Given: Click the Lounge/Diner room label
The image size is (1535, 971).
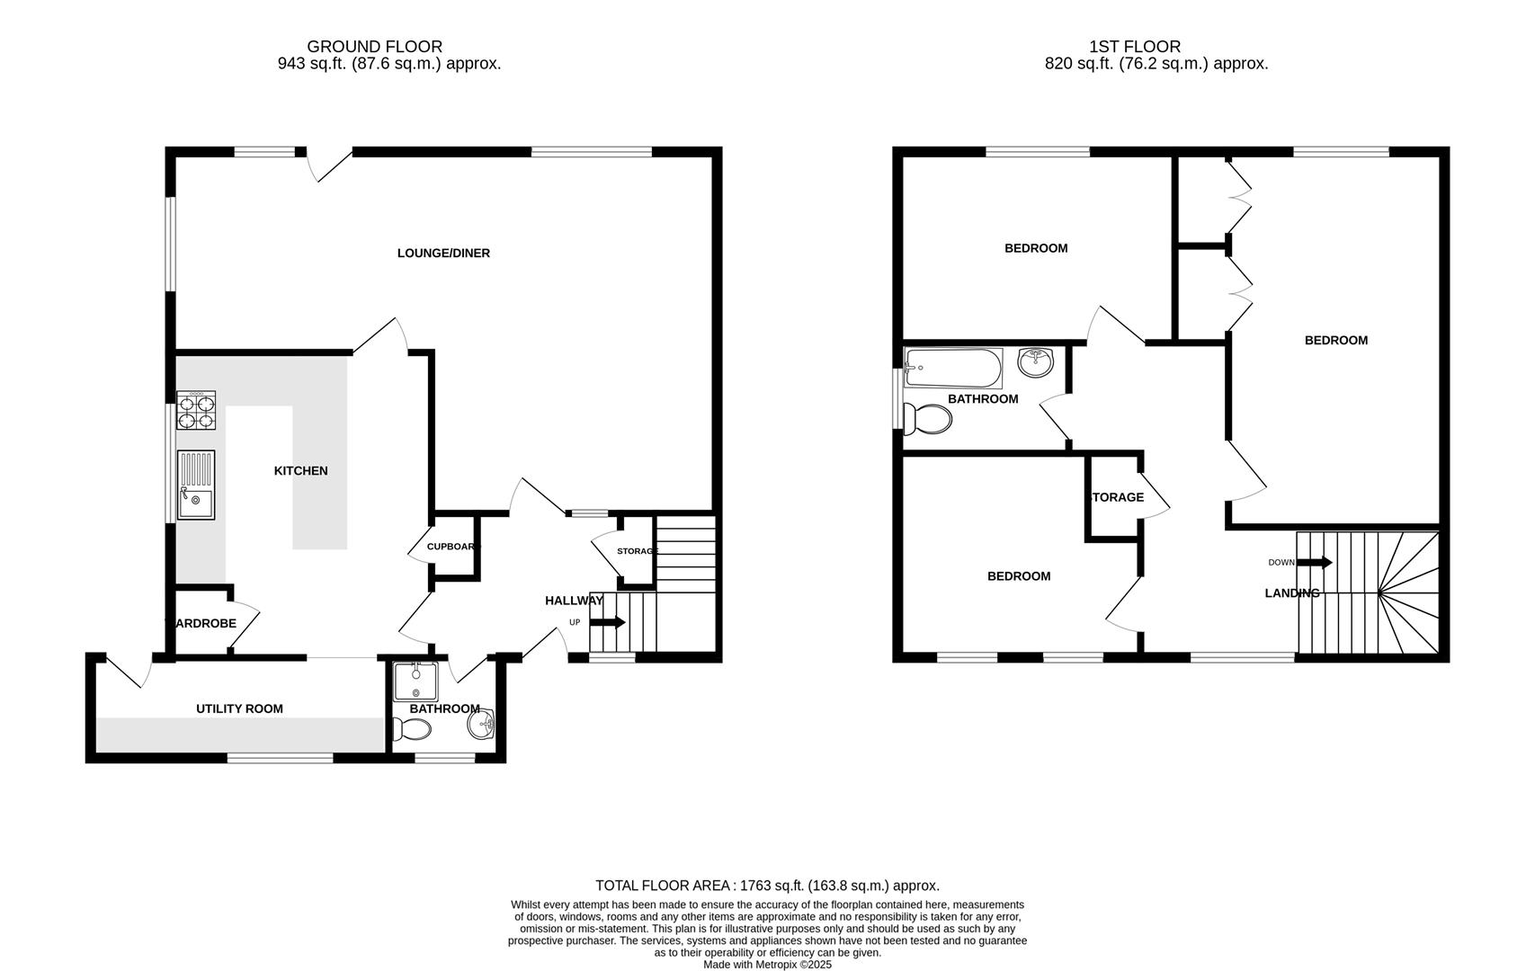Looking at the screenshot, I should tap(443, 253).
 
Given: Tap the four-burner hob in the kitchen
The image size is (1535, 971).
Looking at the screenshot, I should tap(196, 411).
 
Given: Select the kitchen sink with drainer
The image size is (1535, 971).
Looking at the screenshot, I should tap(196, 485).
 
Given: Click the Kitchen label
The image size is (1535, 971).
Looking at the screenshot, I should tap(300, 470).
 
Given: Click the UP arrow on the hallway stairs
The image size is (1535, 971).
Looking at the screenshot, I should tap(608, 622).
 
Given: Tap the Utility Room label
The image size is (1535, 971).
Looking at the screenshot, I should tap(239, 708).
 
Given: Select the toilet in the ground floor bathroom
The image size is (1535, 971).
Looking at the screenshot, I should tap(412, 730).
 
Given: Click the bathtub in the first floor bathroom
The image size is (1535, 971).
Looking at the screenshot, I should tap(952, 367).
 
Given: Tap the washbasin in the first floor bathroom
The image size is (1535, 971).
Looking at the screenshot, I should tap(1036, 362).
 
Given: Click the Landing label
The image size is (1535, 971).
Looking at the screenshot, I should tap(1291, 592).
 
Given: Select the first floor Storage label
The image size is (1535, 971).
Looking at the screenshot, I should tap(1116, 497).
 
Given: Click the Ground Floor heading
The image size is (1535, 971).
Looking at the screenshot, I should tap(374, 46).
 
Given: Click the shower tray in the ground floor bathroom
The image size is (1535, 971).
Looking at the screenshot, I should tap(415, 681).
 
